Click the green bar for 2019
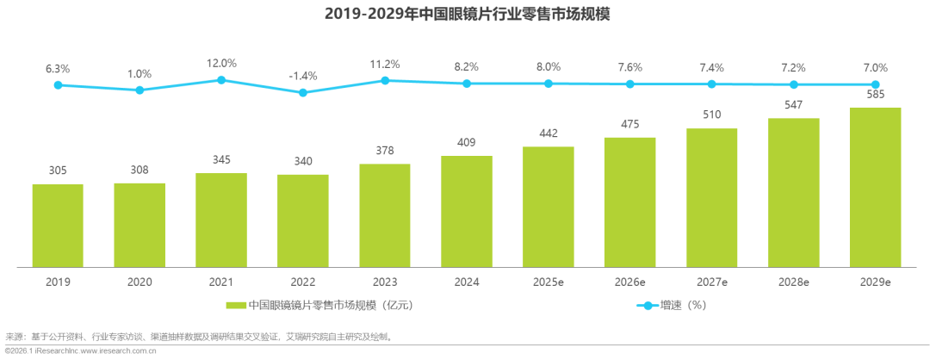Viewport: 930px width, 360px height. point(58,226)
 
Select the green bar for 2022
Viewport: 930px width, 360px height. point(303,220)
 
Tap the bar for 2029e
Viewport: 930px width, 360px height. point(875,187)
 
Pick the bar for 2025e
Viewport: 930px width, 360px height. point(549,207)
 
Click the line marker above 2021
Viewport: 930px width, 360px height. point(221,79)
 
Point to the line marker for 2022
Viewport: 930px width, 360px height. point(303,91)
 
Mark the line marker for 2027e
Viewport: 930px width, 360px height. point(711,84)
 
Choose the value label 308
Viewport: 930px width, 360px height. point(139,171)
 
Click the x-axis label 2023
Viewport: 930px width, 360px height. point(385,281)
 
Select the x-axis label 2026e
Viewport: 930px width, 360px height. point(629,281)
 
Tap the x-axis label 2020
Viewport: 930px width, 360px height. point(139,281)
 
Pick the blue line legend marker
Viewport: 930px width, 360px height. point(647,305)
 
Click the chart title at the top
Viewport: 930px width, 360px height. point(465,14)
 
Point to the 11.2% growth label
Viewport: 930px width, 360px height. point(385,64)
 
